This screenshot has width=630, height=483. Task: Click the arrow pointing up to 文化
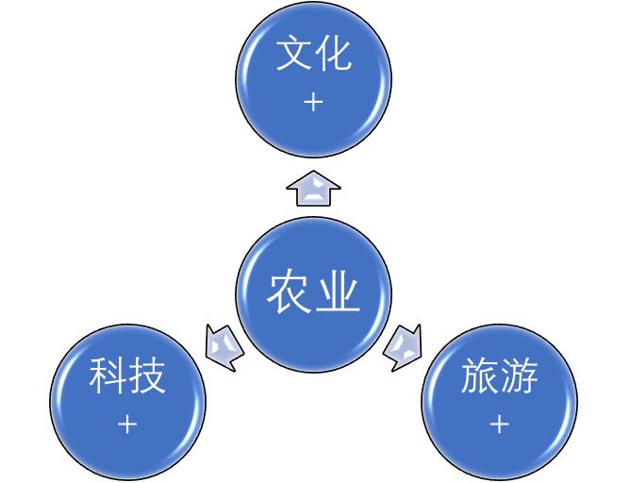313,190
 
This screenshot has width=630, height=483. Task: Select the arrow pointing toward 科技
224,346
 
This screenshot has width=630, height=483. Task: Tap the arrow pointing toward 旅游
403,346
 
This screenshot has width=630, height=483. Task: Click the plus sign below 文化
313,102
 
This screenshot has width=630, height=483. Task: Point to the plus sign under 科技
127,425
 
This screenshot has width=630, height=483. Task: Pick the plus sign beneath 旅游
499,425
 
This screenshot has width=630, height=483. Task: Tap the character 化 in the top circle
334,55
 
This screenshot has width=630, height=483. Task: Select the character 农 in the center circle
289,293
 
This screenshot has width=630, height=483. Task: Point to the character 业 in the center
338,293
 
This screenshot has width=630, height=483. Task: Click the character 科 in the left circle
108,378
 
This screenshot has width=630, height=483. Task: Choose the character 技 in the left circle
148,378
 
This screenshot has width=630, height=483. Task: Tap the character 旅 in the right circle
479,378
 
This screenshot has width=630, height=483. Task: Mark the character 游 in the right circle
520,378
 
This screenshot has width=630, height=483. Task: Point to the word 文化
313,55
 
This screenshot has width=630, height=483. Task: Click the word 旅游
499,378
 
